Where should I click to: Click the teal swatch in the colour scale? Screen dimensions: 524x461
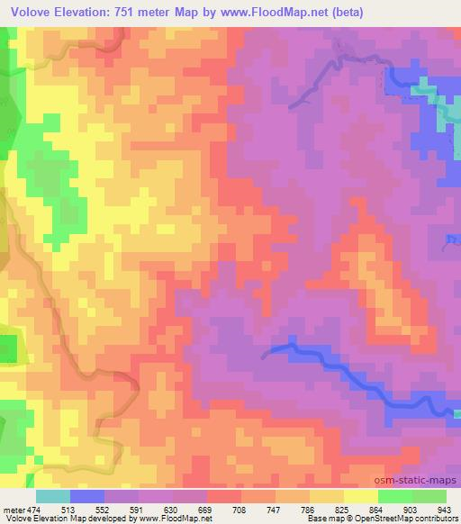click(x=52, y=496)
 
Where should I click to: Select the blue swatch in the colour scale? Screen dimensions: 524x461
click(x=87, y=496)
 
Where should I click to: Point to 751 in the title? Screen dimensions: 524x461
click(x=141, y=13)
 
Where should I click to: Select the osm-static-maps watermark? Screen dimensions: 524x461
click(x=420, y=480)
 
